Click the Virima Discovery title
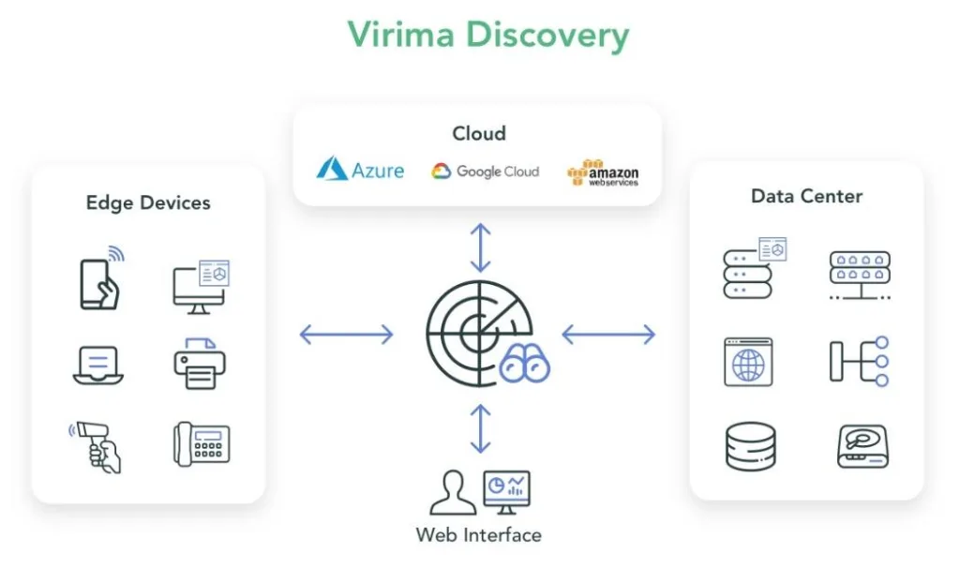487,35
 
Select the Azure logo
360,170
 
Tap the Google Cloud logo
486,172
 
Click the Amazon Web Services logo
603,172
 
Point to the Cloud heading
479,133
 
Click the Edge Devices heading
148,202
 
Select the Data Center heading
806,196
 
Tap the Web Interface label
479,535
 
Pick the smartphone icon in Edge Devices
99,280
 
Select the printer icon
199,364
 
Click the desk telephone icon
201,443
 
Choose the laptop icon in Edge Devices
98,365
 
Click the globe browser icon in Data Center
748,363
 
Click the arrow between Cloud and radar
480,247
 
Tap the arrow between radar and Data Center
608,334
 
